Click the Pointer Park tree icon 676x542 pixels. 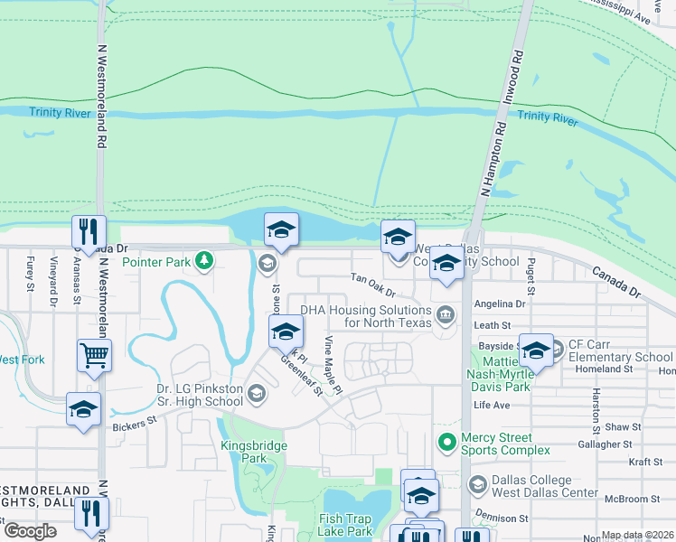click(205, 261)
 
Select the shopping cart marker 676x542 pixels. click(94, 355)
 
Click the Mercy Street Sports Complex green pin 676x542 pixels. click(446, 443)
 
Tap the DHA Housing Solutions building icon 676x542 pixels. click(446, 315)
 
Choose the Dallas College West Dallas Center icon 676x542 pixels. click(476, 485)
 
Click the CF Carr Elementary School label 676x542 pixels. click(620, 350)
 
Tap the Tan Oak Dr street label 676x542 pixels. click(373, 286)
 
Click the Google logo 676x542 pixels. click(30, 531)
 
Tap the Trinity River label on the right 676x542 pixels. click(547, 117)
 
